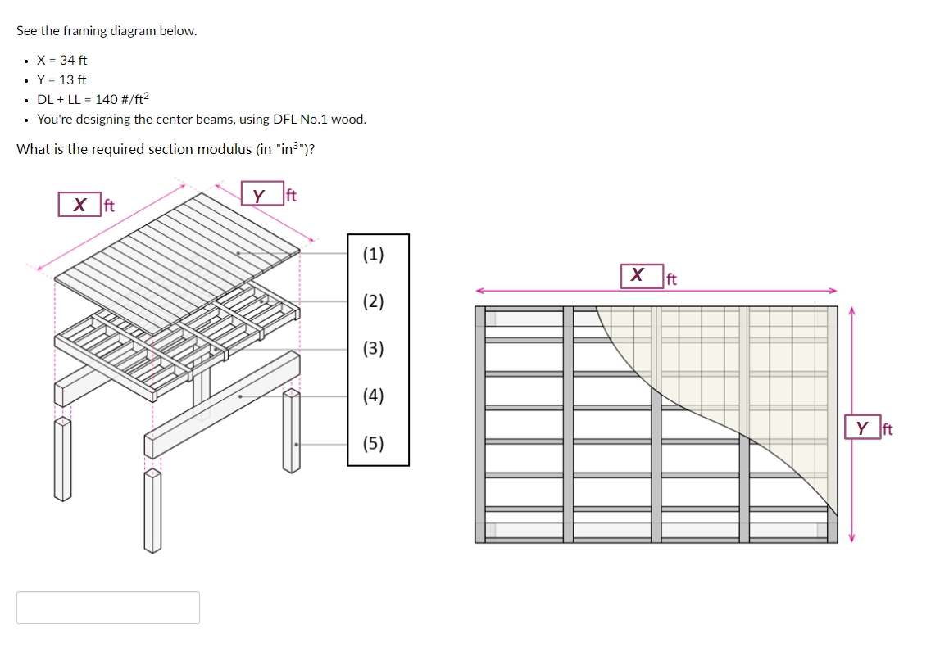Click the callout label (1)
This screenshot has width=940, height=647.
pyautogui.click(x=373, y=254)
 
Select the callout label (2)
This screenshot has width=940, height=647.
pyautogui.click(x=373, y=301)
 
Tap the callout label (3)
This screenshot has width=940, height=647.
pyautogui.click(x=373, y=349)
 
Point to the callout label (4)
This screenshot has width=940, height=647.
pyautogui.click(x=373, y=396)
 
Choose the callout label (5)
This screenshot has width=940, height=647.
pyautogui.click(x=373, y=444)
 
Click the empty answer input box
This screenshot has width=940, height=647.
pyautogui.click(x=108, y=608)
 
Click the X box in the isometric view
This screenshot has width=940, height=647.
pyautogui.click(x=79, y=204)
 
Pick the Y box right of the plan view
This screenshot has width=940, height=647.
pyautogui.click(x=862, y=428)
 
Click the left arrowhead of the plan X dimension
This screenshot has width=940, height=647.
pyautogui.click(x=479, y=290)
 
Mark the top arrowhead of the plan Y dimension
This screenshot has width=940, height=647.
pyautogui.click(x=851, y=310)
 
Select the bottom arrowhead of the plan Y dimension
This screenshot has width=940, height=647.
pyautogui.click(x=851, y=538)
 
